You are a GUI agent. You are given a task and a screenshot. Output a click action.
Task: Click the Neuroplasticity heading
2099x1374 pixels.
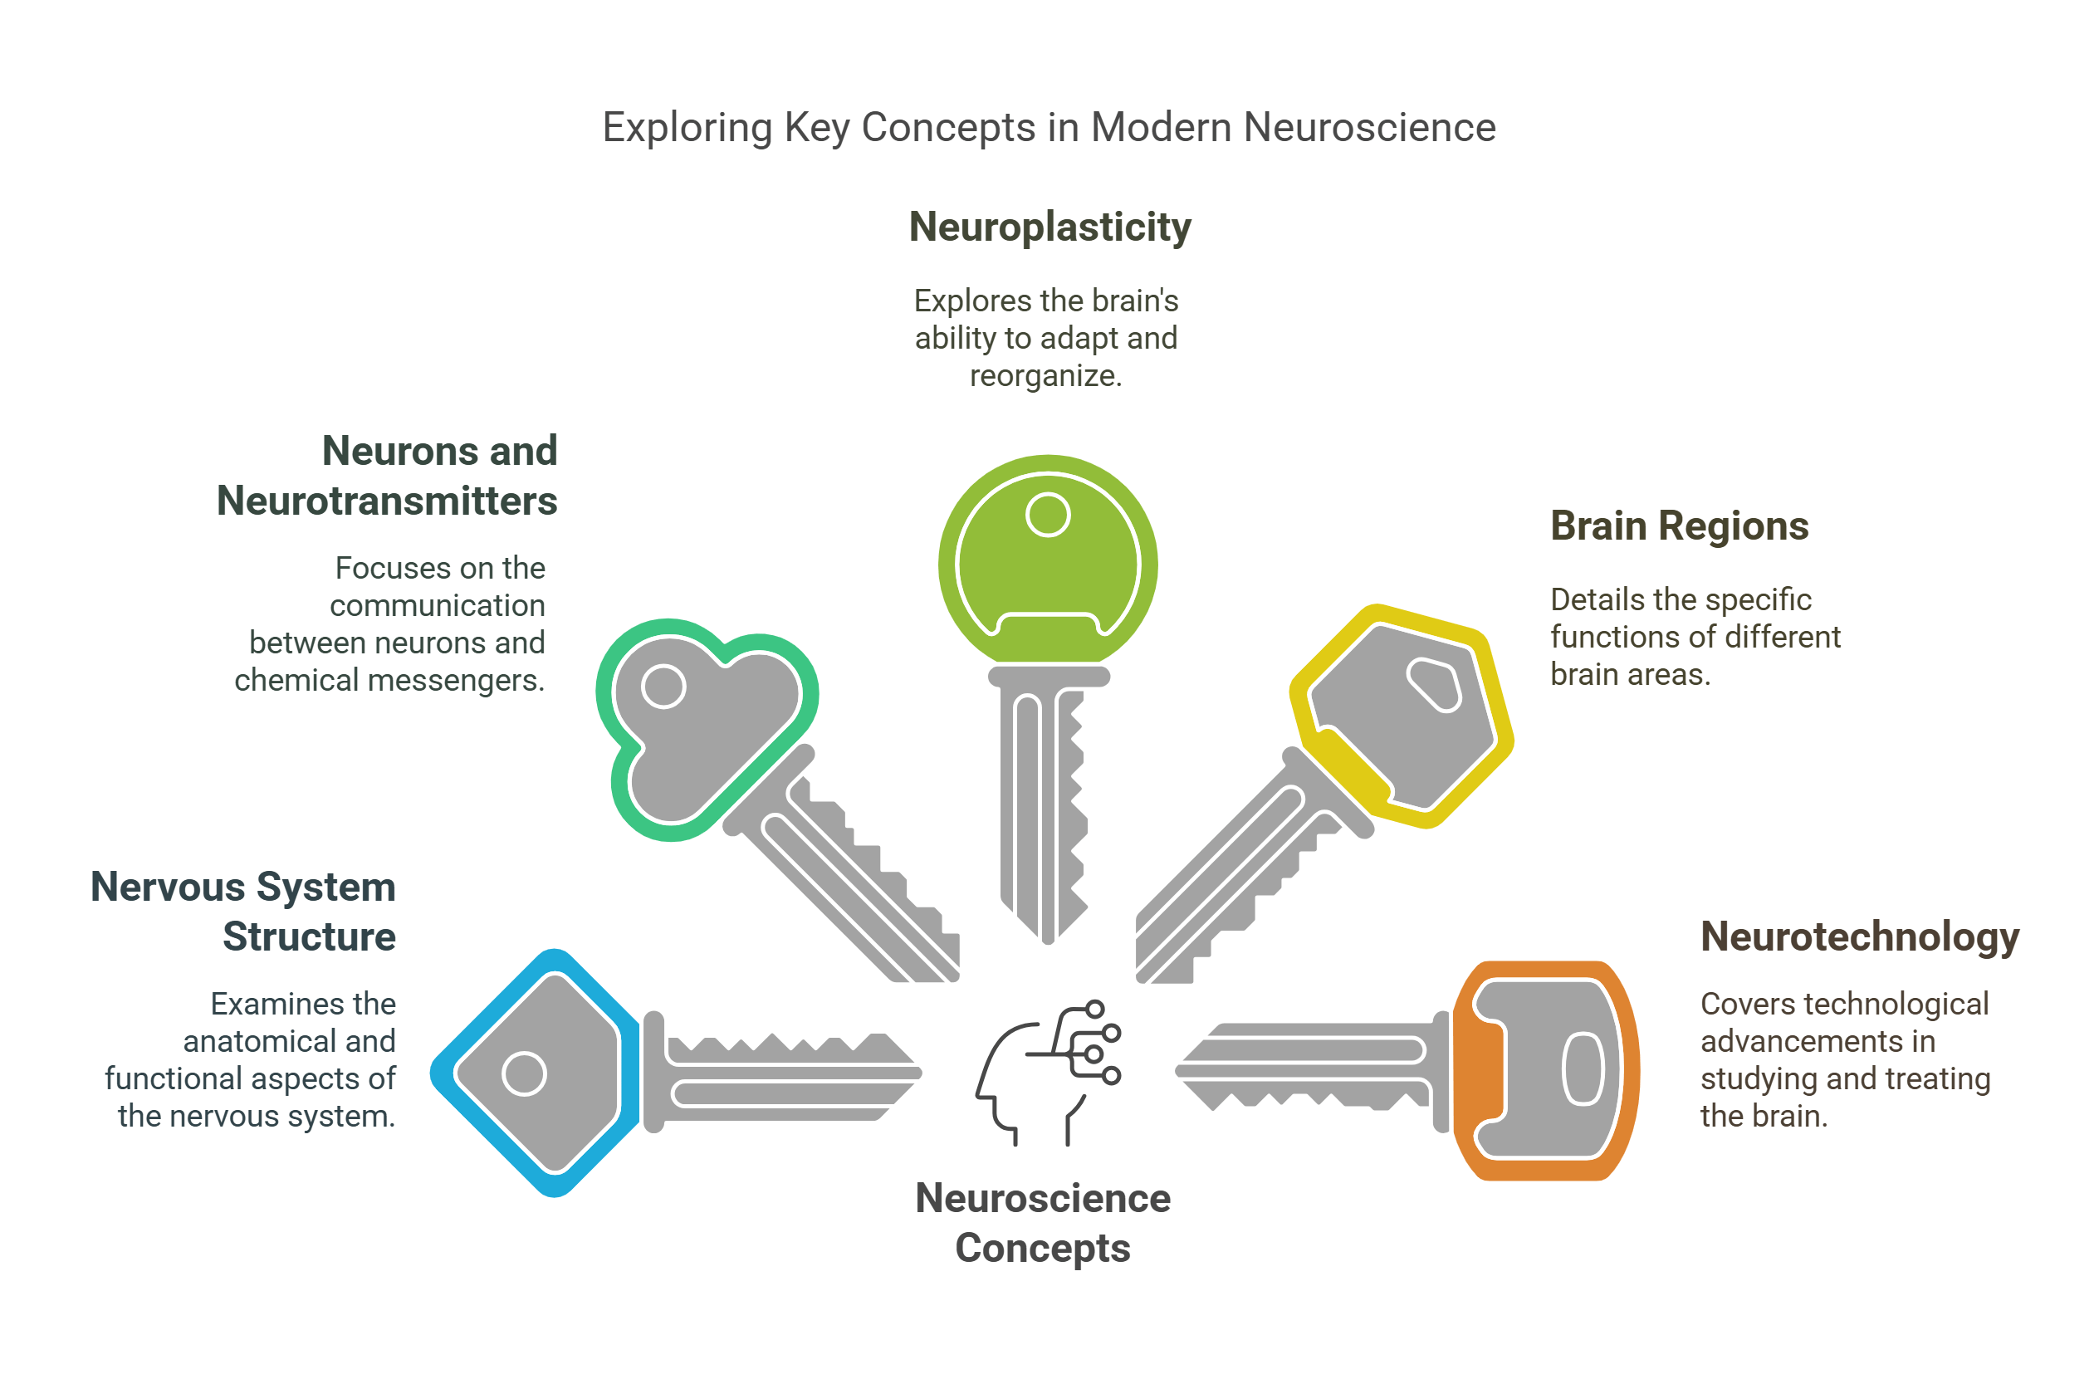tap(1049, 227)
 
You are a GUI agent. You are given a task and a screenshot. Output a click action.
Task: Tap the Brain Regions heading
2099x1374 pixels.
tap(1679, 526)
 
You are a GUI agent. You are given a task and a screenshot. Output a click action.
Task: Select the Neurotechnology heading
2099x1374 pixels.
tap(1859, 936)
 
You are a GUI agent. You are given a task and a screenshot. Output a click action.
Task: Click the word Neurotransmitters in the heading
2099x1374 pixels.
tap(386, 501)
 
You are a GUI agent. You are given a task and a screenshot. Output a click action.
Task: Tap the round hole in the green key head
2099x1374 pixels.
tap(1048, 515)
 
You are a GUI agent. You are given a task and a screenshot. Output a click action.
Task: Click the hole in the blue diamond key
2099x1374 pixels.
tap(524, 1073)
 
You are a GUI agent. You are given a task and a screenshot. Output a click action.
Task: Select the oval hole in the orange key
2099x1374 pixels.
tap(1583, 1068)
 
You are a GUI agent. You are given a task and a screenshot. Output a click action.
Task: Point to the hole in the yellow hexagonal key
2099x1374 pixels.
tap(1435, 684)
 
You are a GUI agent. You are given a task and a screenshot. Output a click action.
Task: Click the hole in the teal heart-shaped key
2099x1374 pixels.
tap(663, 686)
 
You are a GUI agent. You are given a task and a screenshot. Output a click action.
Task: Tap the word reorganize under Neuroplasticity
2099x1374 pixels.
tap(1045, 377)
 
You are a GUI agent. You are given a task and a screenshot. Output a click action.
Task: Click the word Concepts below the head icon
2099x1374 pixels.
tap(1043, 1248)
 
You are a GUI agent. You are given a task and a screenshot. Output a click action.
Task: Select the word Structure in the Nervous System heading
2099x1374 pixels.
tap(309, 936)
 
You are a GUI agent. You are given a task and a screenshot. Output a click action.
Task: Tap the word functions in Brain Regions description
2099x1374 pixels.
tap(1605, 637)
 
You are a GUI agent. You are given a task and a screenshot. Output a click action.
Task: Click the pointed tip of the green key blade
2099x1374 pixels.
tap(1048, 940)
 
